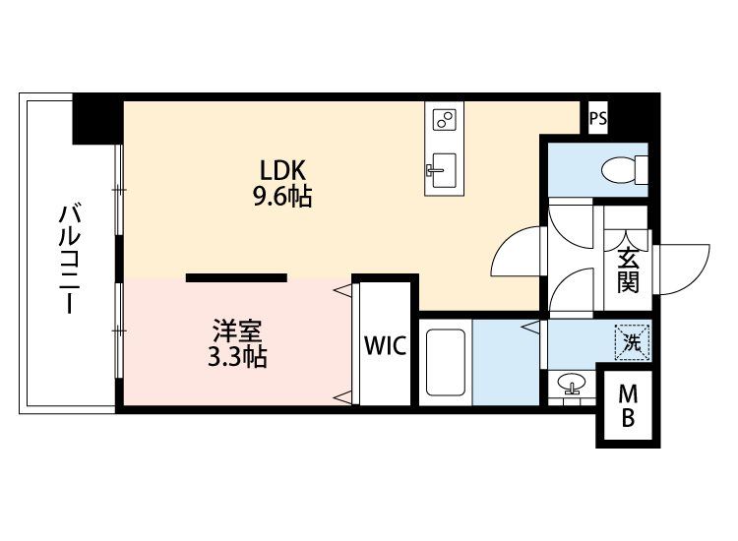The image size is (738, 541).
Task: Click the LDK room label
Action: tap(283, 171)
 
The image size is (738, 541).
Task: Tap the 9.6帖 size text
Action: tap(283, 197)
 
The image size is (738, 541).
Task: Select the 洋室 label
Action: tap(237, 331)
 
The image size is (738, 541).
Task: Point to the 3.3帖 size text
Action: tap(237, 357)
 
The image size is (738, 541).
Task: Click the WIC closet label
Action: tap(385, 346)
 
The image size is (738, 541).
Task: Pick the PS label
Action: tap(598, 118)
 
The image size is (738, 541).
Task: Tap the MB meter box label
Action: tap(628, 405)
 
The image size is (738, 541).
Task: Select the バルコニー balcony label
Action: tap(70, 259)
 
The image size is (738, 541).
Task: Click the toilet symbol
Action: tap(625, 170)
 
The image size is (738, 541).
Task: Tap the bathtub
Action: tap(445, 362)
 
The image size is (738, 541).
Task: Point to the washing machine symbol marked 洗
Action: tap(632, 342)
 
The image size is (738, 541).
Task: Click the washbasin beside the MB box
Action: tap(572, 384)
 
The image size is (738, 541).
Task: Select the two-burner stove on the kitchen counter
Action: tap(445, 119)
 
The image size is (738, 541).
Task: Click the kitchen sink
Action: tap(443, 170)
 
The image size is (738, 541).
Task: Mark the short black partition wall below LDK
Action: tap(236, 277)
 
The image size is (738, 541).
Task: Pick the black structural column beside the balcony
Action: tap(97, 119)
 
